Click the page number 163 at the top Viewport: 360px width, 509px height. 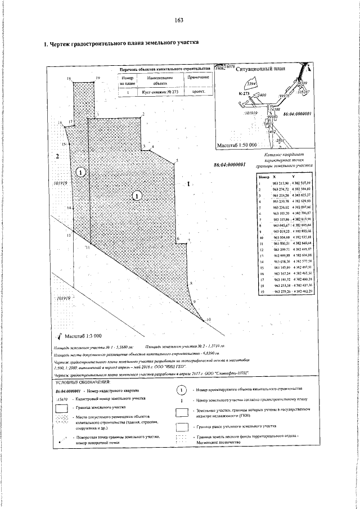click(180, 20)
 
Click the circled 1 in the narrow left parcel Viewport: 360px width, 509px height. click(80, 172)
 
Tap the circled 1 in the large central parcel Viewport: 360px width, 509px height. click(136, 196)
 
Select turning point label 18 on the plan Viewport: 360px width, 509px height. click(69, 79)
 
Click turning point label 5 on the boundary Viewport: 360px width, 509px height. click(177, 160)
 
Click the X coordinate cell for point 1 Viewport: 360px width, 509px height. click(280, 183)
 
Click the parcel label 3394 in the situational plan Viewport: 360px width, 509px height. click(251, 84)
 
